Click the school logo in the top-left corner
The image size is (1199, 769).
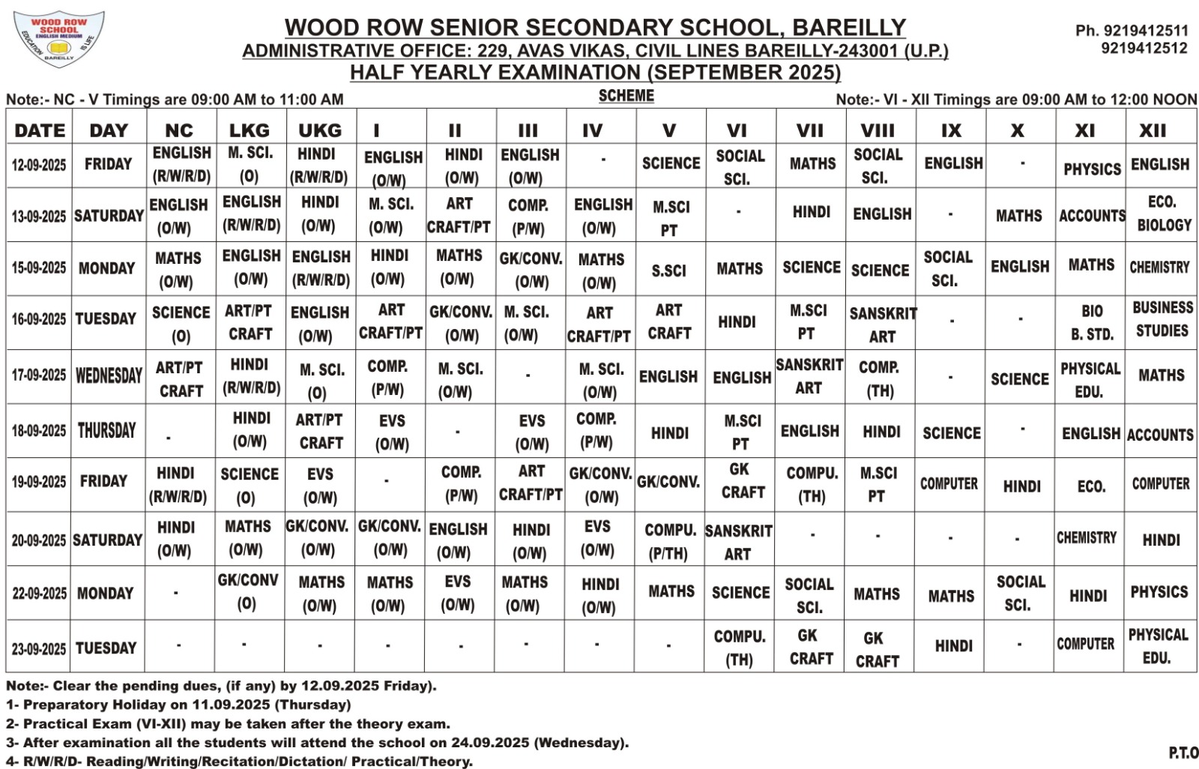58,39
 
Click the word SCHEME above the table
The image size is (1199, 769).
626,96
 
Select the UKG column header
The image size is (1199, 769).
320,130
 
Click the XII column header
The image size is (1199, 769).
1153,130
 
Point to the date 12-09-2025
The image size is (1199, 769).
39,165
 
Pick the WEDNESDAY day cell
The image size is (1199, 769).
109,376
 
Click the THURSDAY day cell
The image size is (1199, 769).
107,431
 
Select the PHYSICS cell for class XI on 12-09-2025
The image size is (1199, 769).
1092,169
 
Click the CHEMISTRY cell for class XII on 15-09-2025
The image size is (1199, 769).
1159,268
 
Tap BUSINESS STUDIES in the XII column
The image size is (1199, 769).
1162,319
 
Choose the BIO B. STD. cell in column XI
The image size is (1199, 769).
1092,322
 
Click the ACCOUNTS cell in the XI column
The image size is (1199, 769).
1092,216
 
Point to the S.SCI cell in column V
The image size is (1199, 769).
668,271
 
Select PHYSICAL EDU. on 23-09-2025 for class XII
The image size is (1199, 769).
1159,646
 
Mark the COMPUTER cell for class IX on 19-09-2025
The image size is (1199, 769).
949,484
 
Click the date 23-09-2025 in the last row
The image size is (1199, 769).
39,649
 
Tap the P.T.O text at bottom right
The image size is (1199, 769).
1183,753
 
